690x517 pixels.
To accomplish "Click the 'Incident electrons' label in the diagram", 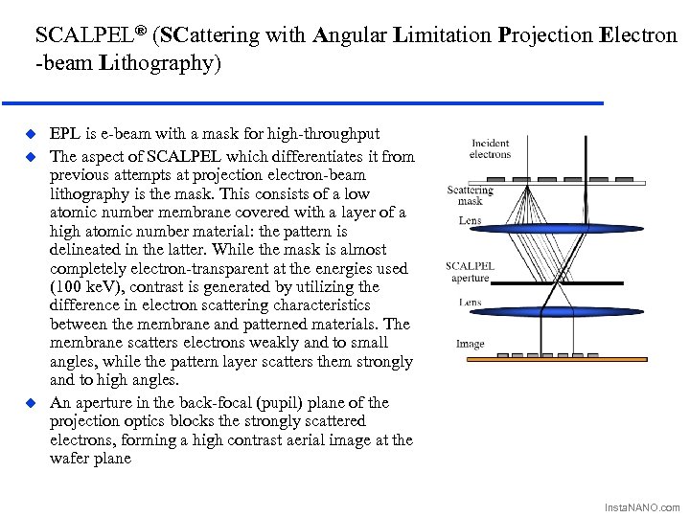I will (490, 149).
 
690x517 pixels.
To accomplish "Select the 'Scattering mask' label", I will (470, 195).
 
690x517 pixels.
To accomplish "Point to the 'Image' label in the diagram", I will (470, 344).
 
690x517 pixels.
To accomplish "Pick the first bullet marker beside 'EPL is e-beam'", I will (30, 134).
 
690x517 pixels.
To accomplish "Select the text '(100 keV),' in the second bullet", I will (86, 287).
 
